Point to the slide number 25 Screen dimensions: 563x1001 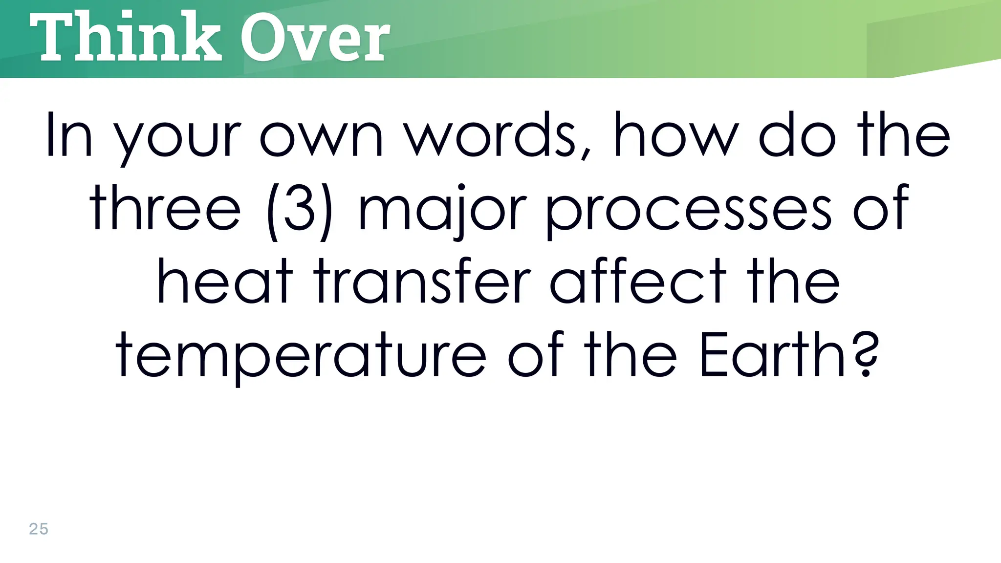(x=39, y=529)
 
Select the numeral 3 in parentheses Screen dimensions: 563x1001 (x=299, y=209)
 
